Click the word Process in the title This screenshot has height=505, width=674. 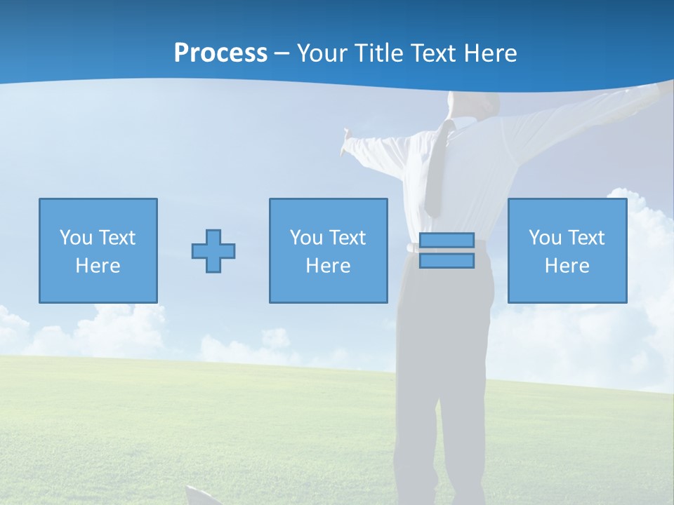[x=220, y=53]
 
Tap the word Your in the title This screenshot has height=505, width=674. [x=324, y=53]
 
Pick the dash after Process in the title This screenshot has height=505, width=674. [x=282, y=54]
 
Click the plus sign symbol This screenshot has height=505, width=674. [x=213, y=250]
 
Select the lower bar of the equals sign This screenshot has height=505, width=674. [x=447, y=261]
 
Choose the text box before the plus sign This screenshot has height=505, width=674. [x=98, y=250]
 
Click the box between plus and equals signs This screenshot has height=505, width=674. [x=328, y=250]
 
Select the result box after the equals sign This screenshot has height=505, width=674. [x=567, y=250]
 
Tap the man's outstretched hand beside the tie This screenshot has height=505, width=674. [x=347, y=145]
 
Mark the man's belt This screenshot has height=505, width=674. [x=413, y=248]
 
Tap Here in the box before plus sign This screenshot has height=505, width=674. [x=98, y=266]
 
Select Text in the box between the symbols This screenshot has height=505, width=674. [x=347, y=238]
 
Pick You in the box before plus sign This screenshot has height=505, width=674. [x=75, y=238]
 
